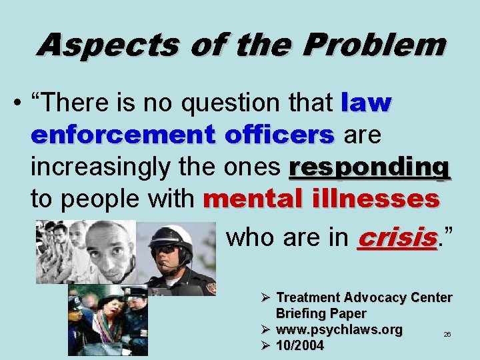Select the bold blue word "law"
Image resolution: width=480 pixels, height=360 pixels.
pos(366,103)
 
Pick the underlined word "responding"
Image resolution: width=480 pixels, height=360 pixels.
pos(369,168)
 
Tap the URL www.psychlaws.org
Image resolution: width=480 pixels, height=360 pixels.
pos(339,329)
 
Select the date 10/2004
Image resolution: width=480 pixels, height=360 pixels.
pos(300,345)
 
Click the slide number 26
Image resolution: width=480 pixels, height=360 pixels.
pos(447,333)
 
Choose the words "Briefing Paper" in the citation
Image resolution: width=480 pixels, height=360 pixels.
pos(321,313)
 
